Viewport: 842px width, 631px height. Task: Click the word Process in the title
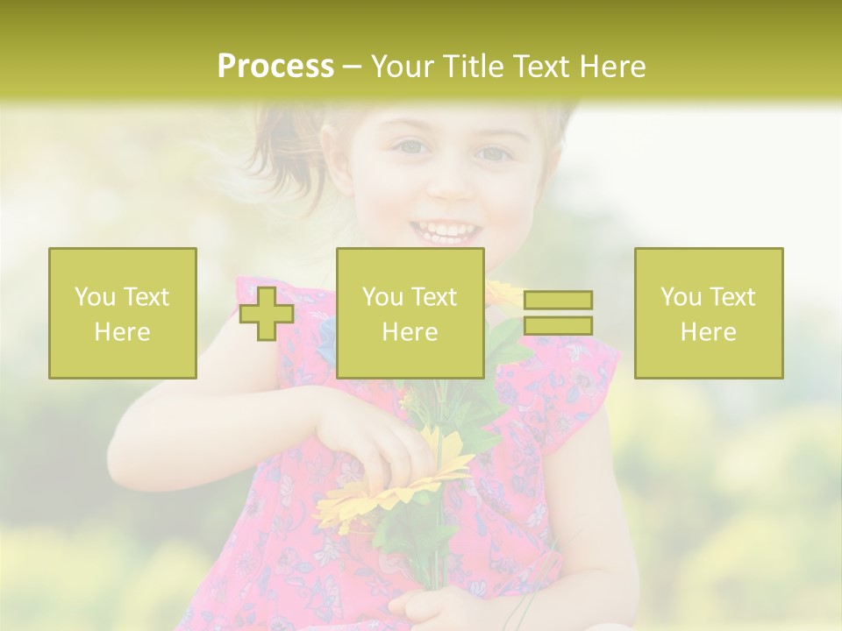point(275,67)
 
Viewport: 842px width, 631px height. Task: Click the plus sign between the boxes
point(267,314)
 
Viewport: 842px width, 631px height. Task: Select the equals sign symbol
point(558,313)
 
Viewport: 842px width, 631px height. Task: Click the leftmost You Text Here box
point(123,314)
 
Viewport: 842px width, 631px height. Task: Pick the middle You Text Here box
point(410,314)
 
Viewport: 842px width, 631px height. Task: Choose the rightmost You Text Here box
point(709,314)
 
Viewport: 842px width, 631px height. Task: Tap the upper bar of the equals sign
point(558,301)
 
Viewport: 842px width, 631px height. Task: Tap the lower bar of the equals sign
point(558,325)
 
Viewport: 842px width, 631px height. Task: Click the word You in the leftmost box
point(94,297)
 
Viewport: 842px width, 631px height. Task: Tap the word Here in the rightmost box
point(709,332)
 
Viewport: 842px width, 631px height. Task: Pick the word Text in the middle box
point(434,297)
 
